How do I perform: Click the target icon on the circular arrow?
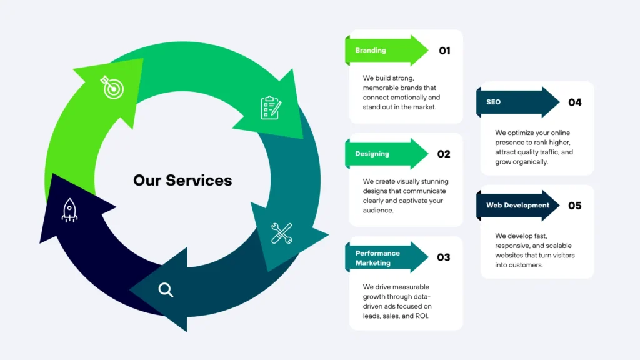pos(112,88)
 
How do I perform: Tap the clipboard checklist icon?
pos(271,107)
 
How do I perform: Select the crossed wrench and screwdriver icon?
pos(281,233)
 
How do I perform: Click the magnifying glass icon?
pos(166,289)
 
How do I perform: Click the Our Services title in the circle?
pos(182,181)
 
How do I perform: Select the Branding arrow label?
pos(371,51)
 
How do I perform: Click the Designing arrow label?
pos(372,154)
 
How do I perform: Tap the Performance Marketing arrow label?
pos(377,258)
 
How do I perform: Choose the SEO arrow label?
pos(493,102)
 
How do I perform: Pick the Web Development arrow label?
pos(517,205)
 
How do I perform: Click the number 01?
pos(444,51)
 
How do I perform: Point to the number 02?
pos(444,154)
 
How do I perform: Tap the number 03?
pos(444,257)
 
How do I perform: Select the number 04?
pos(575,102)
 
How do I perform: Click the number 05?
pos(575,206)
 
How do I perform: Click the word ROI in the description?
pos(422,316)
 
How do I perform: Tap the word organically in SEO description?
pos(529,162)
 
